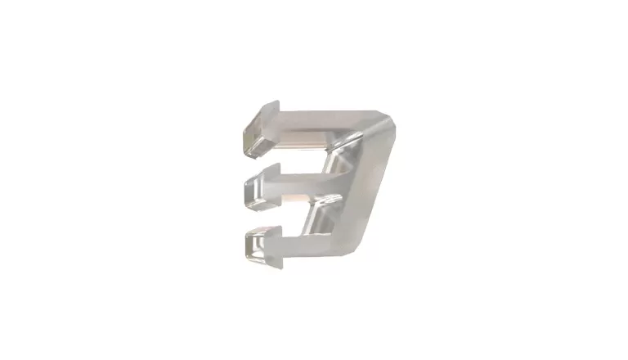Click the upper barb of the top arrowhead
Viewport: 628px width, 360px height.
(270, 106)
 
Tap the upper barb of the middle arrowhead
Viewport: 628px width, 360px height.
(270, 167)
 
